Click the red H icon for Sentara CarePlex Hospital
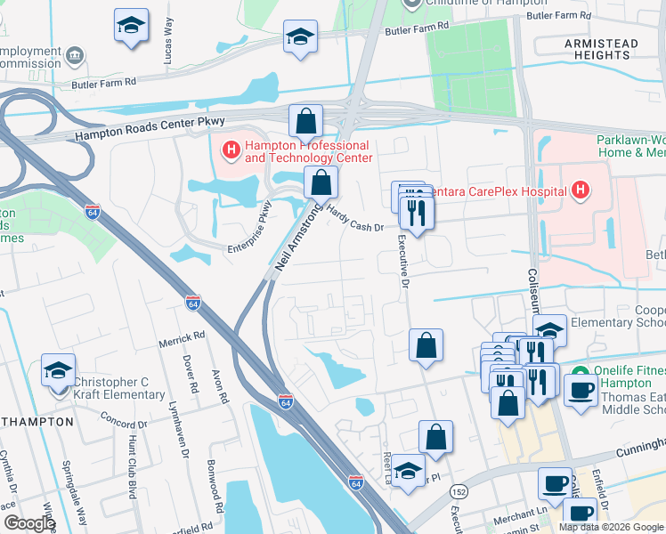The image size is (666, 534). coord(581,190)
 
